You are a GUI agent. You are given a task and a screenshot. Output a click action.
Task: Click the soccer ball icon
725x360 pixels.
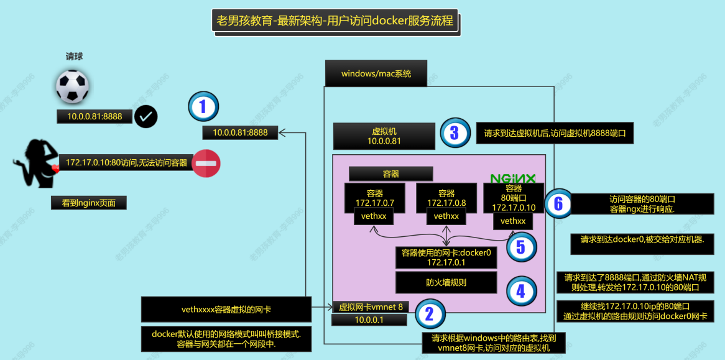click(x=72, y=86)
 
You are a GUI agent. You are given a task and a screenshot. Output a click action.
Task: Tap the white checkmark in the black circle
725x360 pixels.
click(x=146, y=116)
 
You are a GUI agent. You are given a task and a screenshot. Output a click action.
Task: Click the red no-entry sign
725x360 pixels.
click(x=206, y=163)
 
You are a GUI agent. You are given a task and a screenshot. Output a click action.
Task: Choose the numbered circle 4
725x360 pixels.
click(x=521, y=290)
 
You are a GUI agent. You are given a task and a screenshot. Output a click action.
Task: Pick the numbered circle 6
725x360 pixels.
click(x=558, y=203)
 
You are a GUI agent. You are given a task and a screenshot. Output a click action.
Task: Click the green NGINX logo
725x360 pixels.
click(x=512, y=179)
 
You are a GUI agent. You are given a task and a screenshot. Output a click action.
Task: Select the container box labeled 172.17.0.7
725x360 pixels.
click(x=375, y=198)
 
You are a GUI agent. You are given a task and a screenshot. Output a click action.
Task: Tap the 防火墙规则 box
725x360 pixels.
click(x=446, y=282)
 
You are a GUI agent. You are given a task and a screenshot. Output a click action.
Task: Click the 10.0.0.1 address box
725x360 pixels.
click(x=369, y=320)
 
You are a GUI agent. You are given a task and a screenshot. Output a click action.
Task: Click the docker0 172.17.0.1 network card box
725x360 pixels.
click(x=446, y=257)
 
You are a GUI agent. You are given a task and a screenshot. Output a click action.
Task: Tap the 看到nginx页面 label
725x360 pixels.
click(x=89, y=203)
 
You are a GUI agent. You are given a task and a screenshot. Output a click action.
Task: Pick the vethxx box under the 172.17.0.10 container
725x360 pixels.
click(x=513, y=221)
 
